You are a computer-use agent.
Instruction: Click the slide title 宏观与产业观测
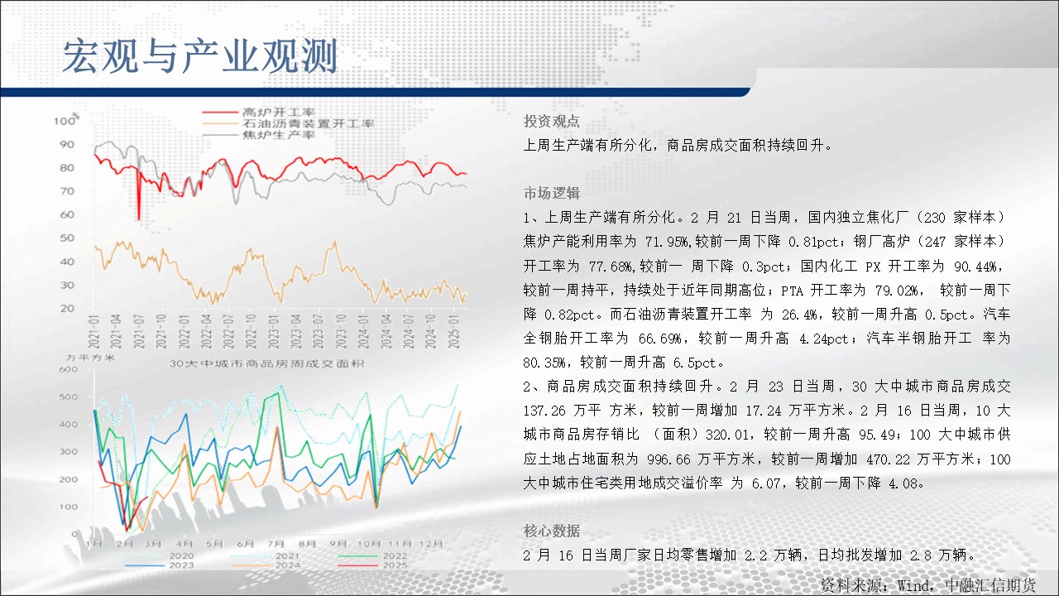pos(199,56)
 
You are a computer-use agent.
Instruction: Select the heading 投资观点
pos(551,121)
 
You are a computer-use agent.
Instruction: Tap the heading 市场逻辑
pos(551,193)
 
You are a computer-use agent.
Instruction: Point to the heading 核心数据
pos(551,531)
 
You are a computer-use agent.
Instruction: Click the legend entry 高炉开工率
pos(279,113)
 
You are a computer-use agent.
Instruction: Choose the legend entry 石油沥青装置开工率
pos(309,124)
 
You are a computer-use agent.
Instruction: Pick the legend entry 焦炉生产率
pos(279,135)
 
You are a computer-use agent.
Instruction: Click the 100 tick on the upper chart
pos(65,121)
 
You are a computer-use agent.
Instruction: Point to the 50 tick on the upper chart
pos(67,238)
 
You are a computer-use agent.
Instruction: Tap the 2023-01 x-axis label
pos(273,331)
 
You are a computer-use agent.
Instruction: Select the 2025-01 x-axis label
pos(453,331)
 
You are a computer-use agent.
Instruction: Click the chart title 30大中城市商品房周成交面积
pos(266,363)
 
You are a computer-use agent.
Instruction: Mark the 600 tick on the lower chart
pos(68,369)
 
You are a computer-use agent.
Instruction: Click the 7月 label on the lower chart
pos(276,544)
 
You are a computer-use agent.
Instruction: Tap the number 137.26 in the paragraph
pos(544,411)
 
